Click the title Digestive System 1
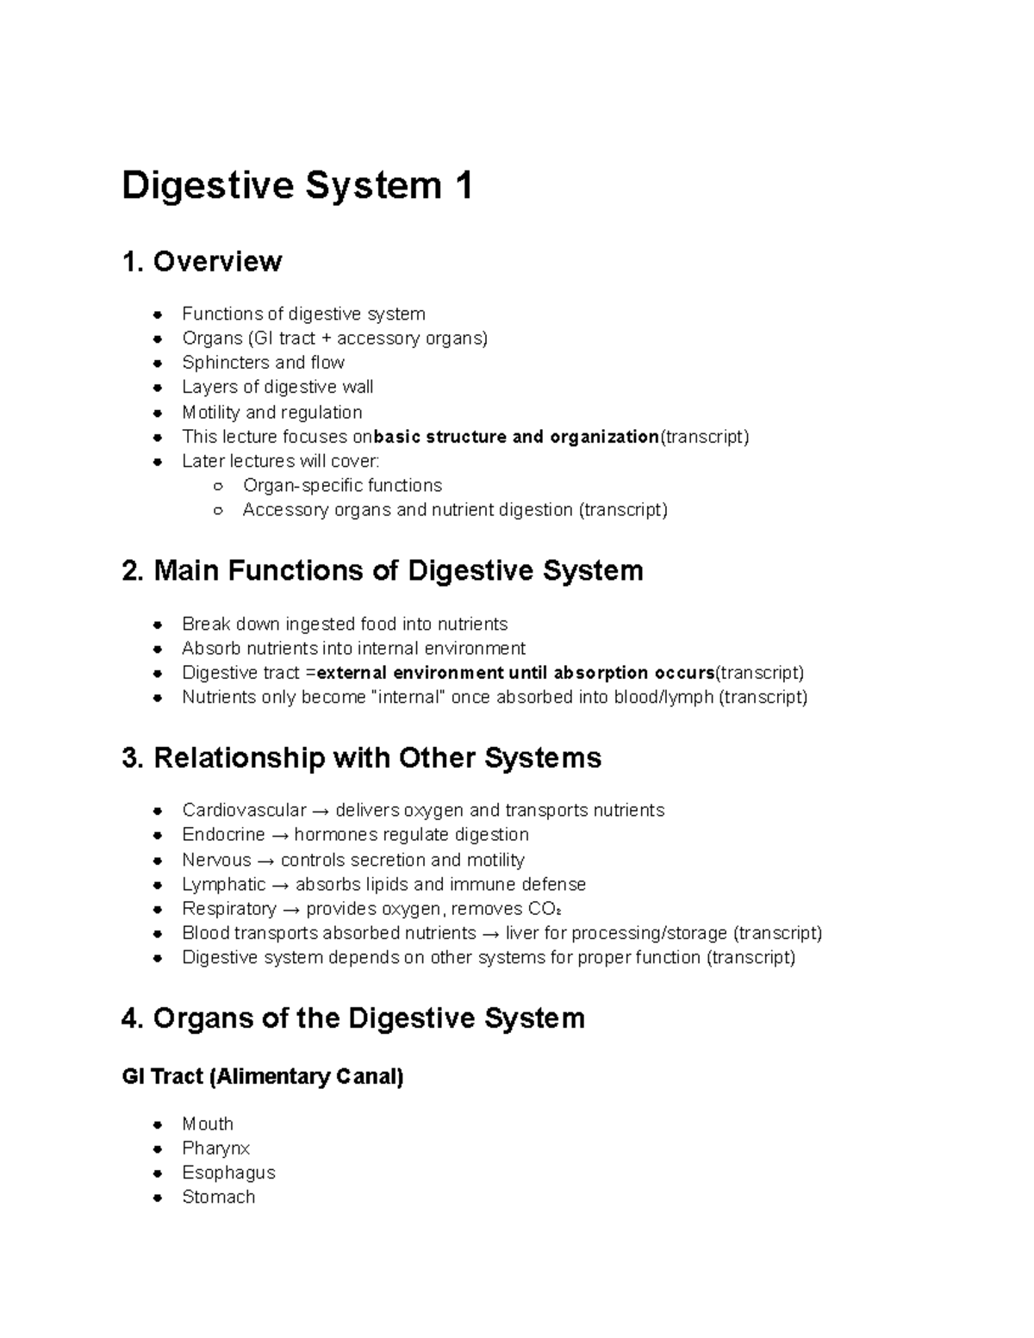coord(297,186)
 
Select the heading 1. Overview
coord(202,262)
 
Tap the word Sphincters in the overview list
coord(214,363)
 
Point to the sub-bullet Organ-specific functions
coord(342,486)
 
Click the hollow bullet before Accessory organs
coord(219,511)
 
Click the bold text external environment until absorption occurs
coord(516,673)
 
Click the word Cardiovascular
coord(244,811)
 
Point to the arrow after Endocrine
coord(279,836)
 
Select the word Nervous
coord(216,860)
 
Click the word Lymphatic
coord(223,885)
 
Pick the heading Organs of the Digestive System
coord(353,1018)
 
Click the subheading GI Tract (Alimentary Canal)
coord(263,1077)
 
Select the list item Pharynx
coord(215,1148)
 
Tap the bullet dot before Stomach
coord(158,1198)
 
